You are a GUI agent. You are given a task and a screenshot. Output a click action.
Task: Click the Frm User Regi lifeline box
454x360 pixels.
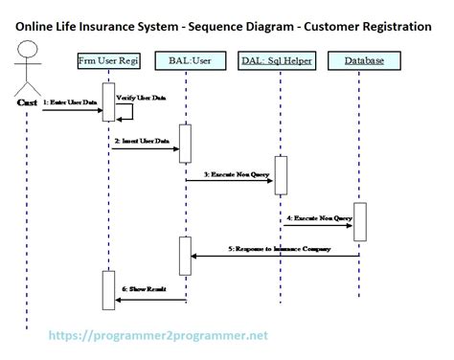tap(109, 61)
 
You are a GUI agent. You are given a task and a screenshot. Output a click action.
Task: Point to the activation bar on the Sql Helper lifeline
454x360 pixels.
tap(281, 174)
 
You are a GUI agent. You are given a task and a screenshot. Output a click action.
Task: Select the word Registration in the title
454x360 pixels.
tap(394, 27)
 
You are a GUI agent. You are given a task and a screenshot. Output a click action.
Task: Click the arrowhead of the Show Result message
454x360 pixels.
tap(118, 300)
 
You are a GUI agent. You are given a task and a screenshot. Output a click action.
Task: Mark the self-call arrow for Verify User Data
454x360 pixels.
tap(124, 111)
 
